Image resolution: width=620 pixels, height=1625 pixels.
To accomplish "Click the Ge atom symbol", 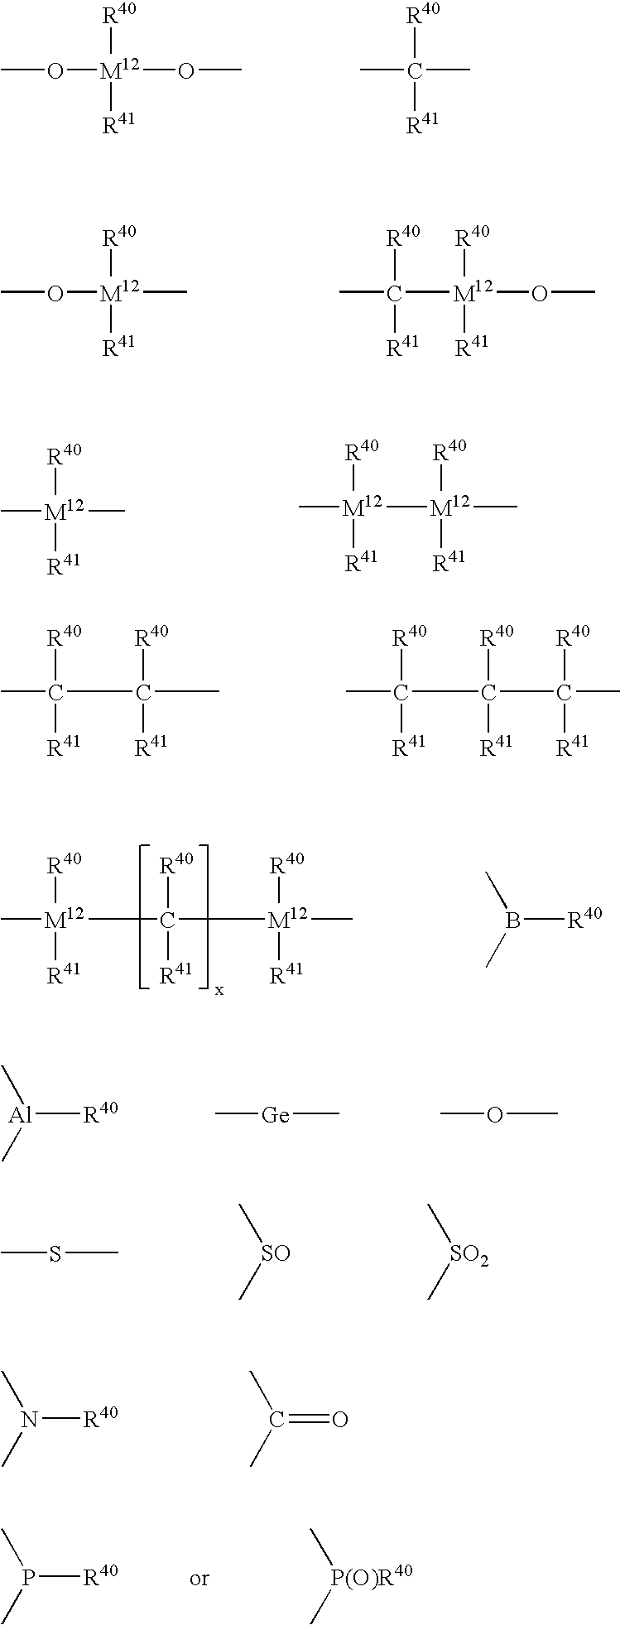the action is coord(276,1115).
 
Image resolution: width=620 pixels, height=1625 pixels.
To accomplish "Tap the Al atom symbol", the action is coord(21,1115).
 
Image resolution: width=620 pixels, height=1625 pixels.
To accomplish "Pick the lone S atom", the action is coord(55,1253).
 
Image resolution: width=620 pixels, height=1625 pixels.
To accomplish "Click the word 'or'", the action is coord(199,1579).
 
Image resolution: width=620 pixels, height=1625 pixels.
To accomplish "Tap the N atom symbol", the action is coord(30,1420).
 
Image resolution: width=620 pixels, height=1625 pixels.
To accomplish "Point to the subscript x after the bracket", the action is coord(219,990).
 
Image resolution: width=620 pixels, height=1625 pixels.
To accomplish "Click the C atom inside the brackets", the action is coord(168,921).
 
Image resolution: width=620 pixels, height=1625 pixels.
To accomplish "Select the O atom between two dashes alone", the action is coord(494,1115).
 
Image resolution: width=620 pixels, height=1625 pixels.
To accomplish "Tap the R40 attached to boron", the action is coord(584,916).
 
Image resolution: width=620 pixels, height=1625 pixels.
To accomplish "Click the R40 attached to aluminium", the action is coord(100,1111).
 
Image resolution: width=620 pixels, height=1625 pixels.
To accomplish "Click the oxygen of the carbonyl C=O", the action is coord(339,1420).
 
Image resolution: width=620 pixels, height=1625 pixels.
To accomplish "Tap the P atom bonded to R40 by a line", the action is coord(28,1578).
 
